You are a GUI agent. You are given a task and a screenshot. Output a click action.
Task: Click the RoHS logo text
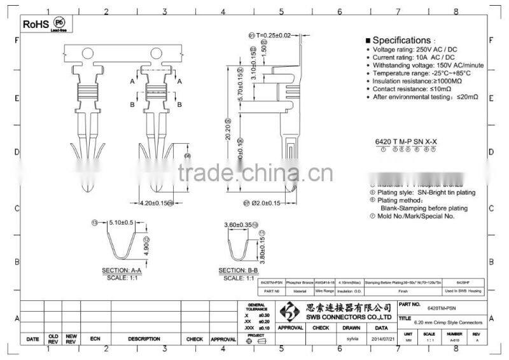36,24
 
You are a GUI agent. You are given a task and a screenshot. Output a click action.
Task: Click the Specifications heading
401,39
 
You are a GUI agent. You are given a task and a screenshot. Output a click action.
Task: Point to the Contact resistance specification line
414,90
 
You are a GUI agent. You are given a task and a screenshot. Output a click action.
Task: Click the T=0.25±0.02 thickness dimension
274,35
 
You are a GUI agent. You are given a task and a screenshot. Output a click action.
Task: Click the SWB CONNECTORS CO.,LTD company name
353,317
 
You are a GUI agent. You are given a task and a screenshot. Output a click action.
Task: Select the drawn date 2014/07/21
384,340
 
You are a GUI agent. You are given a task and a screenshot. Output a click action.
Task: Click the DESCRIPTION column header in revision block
143,340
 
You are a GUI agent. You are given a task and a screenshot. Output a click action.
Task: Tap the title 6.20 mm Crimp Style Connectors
449,323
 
